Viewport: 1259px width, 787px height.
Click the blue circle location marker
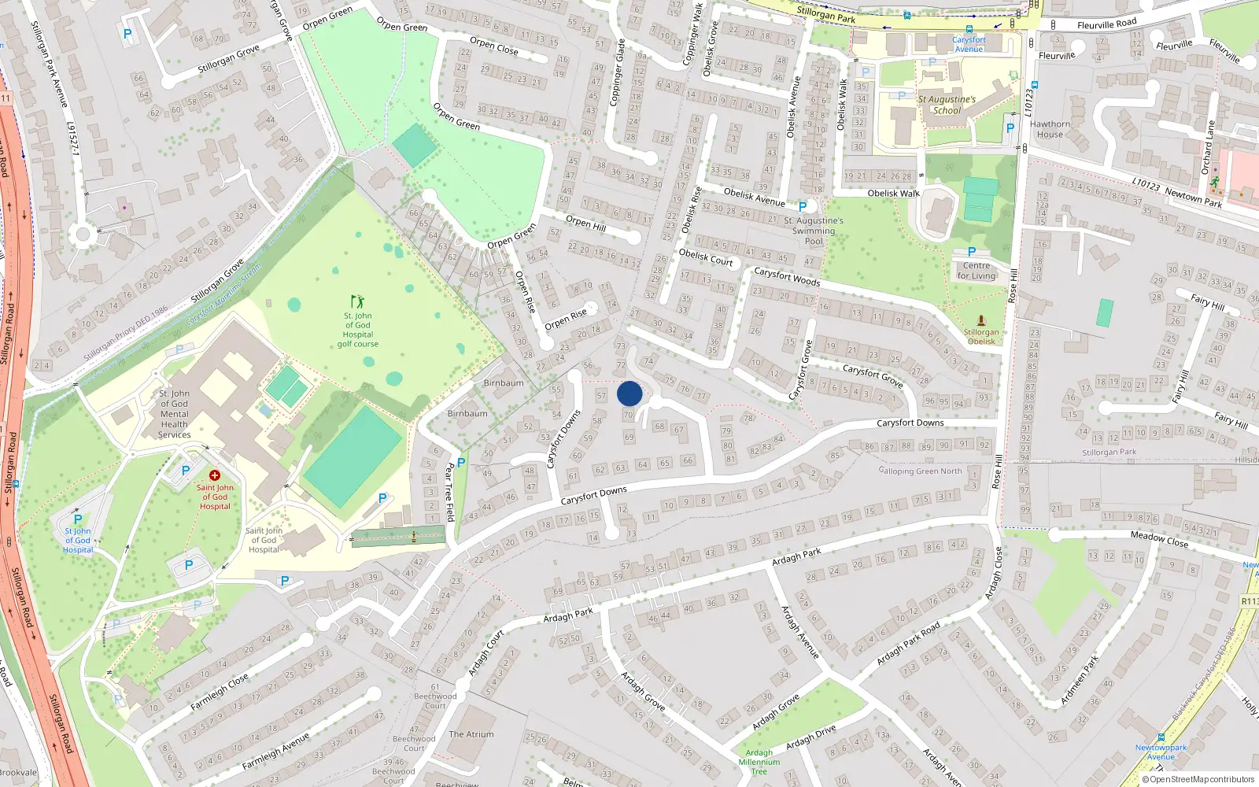629,393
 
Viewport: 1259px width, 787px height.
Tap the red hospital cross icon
214,475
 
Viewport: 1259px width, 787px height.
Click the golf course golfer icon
358,301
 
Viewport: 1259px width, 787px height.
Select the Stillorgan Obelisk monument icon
981,320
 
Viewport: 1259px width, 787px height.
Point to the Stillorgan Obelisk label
981,337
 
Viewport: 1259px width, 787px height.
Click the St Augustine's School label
947,105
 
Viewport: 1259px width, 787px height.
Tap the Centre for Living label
977,271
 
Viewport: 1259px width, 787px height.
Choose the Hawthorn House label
1050,129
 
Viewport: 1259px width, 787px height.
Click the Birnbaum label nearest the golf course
504,383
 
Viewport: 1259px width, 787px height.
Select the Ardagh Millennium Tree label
759,762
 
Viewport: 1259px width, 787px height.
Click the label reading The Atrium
471,734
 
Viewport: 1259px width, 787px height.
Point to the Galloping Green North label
920,471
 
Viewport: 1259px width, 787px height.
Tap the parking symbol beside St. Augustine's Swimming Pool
803,207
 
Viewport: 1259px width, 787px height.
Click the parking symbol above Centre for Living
972,252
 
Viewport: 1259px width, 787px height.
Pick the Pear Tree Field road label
449,493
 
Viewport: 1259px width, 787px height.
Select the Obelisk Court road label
706,257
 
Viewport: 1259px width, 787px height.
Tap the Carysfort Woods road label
787,277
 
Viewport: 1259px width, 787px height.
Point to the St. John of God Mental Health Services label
174,414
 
